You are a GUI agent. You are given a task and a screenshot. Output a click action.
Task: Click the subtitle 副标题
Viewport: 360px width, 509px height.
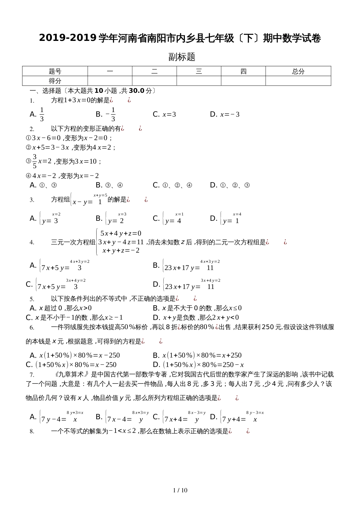pyautogui.click(x=182, y=57)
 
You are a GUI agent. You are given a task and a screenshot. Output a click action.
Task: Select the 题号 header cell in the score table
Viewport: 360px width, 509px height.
pyautogui.click(x=55, y=71)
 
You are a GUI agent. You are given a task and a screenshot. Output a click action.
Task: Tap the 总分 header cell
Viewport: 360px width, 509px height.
pyautogui.click(x=298, y=71)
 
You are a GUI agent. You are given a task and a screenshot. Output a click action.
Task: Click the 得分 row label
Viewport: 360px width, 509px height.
pyautogui.click(x=55, y=81)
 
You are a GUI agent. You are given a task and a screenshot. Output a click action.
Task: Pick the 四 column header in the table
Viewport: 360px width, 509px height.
pyautogui.click(x=243, y=71)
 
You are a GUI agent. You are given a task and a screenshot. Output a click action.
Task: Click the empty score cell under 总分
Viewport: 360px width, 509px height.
pyautogui.click(x=298, y=81)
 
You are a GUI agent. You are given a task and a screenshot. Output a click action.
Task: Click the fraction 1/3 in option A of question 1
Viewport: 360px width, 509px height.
pyautogui.click(x=42, y=114)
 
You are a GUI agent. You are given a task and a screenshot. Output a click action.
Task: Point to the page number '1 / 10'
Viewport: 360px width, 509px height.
pyautogui.click(x=180, y=490)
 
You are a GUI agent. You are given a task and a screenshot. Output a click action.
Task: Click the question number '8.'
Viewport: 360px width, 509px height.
pyautogui.click(x=32, y=431)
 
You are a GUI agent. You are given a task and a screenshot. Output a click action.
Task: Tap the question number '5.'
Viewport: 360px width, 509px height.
pyautogui.click(x=32, y=299)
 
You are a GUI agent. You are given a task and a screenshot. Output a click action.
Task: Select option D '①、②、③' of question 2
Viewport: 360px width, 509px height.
pyautogui.click(x=230, y=185)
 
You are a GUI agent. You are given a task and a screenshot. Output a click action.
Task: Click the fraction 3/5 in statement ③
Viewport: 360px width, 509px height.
pyautogui.click(x=34, y=161)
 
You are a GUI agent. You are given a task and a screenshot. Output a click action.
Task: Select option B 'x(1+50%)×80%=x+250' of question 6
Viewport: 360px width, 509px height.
pyautogui.click(x=197, y=355)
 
